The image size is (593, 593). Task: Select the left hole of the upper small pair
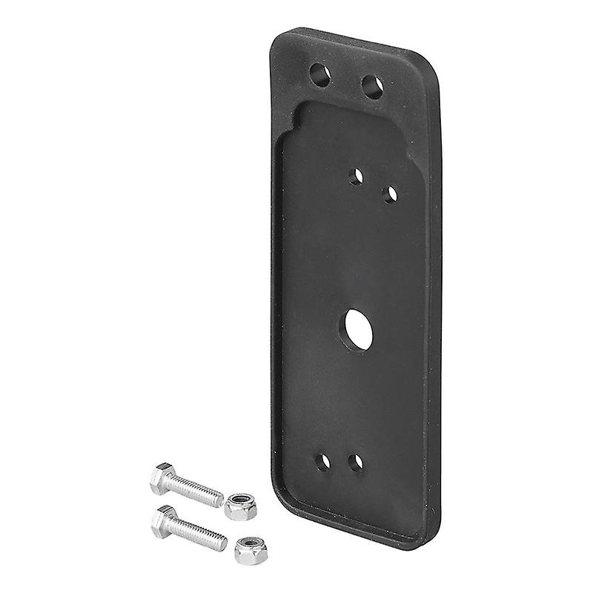click(356, 176)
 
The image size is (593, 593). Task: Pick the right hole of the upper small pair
click(390, 194)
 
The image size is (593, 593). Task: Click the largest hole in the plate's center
click(359, 330)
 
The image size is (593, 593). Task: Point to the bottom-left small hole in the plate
click(322, 462)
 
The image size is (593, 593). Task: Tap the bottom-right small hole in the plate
click(356, 463)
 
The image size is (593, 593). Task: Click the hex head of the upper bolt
click(162, 478)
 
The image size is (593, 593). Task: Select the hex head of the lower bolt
click(165, 521)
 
